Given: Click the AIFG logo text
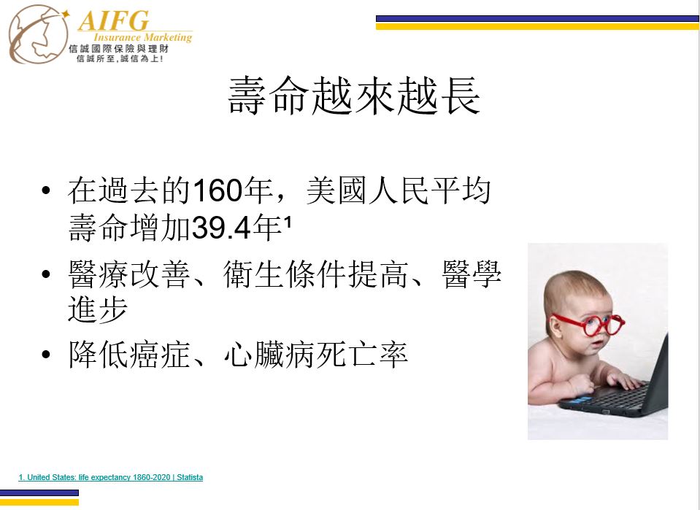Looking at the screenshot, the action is point(113,20).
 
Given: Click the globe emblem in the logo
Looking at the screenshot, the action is point(39,34).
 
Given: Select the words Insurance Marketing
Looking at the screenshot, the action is point(143,37).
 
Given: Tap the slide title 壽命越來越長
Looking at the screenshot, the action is point(354,96).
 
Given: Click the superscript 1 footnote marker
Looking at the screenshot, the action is point(288,221).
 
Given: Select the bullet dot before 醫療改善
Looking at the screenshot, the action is point(45,274).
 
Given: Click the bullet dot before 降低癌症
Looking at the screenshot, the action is point(45,355).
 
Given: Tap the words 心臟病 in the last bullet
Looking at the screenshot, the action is point(269,355).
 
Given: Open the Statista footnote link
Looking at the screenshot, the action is point(111,477).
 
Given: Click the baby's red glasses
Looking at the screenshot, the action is point(589,325).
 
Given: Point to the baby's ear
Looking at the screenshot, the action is point(554,327).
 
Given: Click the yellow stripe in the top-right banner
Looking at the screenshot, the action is point(537,27).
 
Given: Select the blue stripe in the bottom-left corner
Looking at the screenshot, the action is point(39,493).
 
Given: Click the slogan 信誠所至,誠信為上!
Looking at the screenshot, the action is point(120,59).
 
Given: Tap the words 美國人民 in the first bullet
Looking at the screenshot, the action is point(367,190).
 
